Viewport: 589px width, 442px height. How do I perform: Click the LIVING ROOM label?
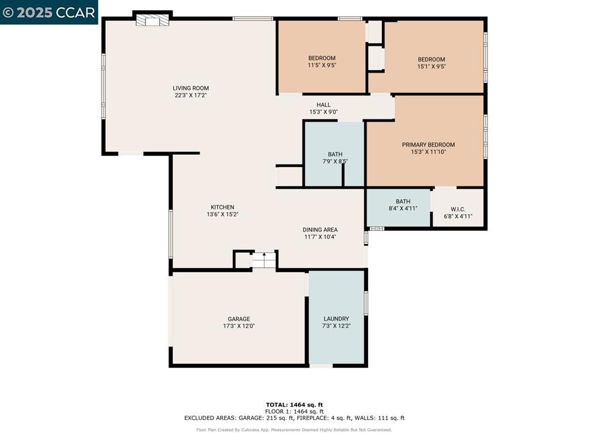pos(191,88)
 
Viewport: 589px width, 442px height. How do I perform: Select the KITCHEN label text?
pos(223,207)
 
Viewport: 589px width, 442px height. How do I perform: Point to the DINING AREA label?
pos(320,230)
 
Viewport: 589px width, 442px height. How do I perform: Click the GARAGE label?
pos(239,319)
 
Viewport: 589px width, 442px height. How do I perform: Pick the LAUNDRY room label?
pos(336,319)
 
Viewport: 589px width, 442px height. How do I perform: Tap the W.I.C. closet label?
pos(458,209)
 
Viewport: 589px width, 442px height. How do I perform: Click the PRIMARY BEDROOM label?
pos(428,144)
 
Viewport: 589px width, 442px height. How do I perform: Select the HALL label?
pos(323,105)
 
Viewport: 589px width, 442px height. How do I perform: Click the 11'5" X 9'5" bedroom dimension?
pos(322,65)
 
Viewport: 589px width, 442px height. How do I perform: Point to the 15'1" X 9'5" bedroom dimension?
pos(431,67)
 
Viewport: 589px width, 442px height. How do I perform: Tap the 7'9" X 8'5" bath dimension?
pos(335,162)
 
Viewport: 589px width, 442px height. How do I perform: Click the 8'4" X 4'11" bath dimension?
pos(403,208)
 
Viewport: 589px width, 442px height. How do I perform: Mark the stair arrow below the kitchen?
pos(264,257)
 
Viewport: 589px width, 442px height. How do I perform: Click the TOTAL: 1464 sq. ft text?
pos(294,405)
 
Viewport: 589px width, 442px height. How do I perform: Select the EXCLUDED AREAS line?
pos(294,418)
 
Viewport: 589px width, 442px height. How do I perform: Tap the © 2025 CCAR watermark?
pos(49,13)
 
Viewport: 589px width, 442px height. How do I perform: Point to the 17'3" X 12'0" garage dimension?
pos(239,326)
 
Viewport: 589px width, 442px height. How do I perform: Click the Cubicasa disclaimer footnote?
pos(294,429)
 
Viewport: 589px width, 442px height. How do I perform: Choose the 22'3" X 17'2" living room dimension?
pos(191,96)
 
